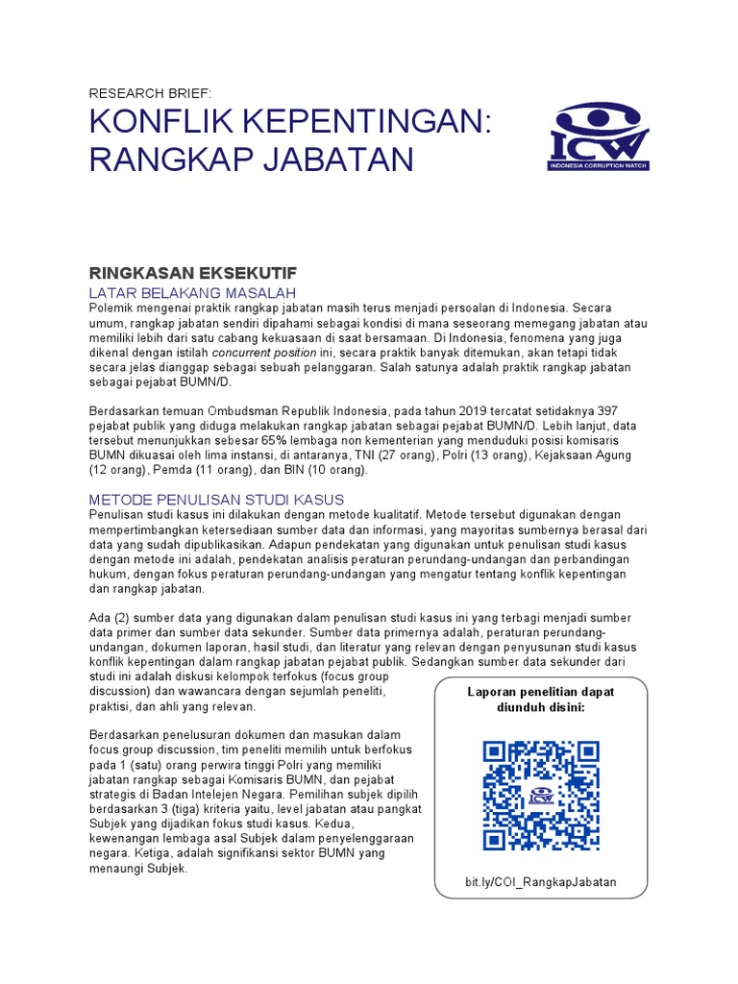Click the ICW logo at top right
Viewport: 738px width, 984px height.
599,138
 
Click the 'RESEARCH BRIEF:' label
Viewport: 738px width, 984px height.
149,93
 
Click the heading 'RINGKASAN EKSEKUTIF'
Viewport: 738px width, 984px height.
180,273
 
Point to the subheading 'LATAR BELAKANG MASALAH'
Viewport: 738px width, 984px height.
191,292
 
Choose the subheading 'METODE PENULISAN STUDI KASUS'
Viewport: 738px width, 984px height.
216,500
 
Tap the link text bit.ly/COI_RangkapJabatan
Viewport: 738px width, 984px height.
540,882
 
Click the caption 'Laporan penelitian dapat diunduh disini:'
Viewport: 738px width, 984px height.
540,699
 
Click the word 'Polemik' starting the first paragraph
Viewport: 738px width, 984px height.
113,307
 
